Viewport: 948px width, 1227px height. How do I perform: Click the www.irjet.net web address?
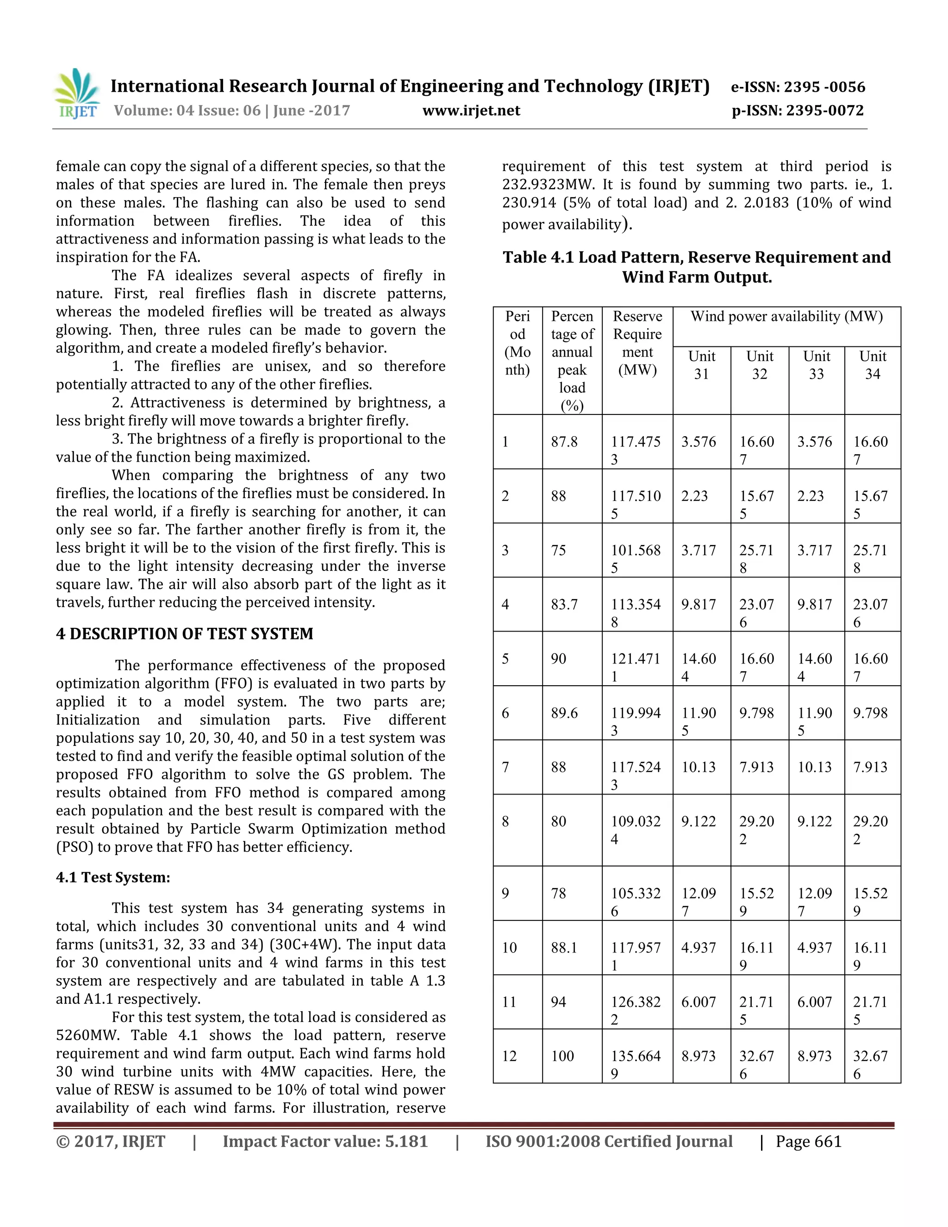pos(471,111)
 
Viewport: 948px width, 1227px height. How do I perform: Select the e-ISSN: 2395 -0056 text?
pos(798,87)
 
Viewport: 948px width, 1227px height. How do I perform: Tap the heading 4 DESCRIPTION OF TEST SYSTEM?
pos(184,634)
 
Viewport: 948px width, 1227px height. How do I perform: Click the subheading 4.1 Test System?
pos(113,877)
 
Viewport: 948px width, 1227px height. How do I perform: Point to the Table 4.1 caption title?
pos(696,267)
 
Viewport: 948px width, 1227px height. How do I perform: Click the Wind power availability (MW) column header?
pos(786,316)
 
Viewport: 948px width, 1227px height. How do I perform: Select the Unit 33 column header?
pos(816,365)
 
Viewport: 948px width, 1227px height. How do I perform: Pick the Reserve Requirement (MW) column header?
pos(637,343)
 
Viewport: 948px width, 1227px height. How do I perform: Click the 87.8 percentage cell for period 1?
pos(564,442)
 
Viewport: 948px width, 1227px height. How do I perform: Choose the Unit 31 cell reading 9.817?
pos(699,605)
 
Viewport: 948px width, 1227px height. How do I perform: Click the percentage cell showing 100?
pos(562,1056)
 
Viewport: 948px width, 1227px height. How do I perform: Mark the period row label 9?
pos(505,894)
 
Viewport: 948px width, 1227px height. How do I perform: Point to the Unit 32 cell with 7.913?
pos(756,767)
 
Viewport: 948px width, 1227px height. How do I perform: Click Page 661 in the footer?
pos(808,1142)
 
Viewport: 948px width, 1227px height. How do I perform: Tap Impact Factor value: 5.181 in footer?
pos(325,1142)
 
